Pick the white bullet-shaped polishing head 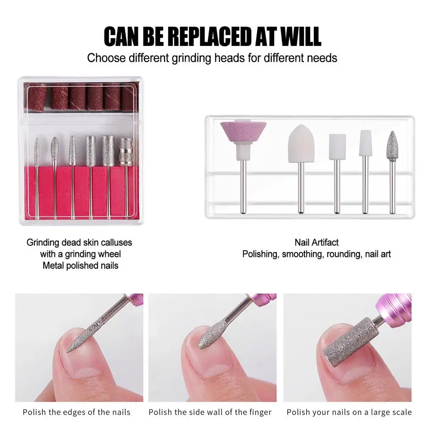[301, 144]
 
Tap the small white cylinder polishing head [337, 146]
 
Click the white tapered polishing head [366, 143]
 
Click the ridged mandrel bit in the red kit [126, 152]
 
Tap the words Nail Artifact [317, 242]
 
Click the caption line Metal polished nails [81, 266]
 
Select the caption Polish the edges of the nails [76, 412]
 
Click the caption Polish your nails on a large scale [349, 412]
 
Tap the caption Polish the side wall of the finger [210, 412]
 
